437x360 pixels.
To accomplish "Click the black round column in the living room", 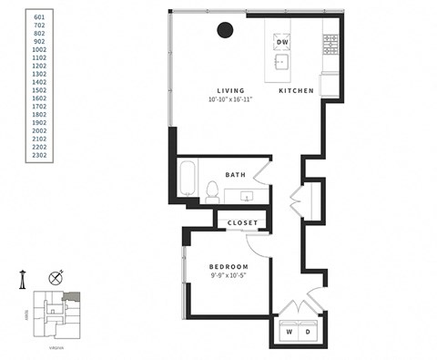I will click(x=224, y=31).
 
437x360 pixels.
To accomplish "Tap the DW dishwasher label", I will click(x=282, y=43).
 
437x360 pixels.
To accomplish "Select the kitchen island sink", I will click(x=282, y=62).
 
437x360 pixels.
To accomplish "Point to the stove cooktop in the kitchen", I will click(x=331, y=42).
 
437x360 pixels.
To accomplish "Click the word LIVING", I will click(x=229, y=89).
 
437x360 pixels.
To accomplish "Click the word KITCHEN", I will click(x=297, y=90).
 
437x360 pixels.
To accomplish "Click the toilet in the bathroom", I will click(x=211, y=190).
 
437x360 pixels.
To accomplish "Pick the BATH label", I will click(x=234, y=174).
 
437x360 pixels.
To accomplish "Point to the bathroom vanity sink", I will click(x=246, y=194).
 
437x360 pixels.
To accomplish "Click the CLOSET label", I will click(x=242, y=222).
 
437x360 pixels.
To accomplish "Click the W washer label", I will click(x=290, y=332).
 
